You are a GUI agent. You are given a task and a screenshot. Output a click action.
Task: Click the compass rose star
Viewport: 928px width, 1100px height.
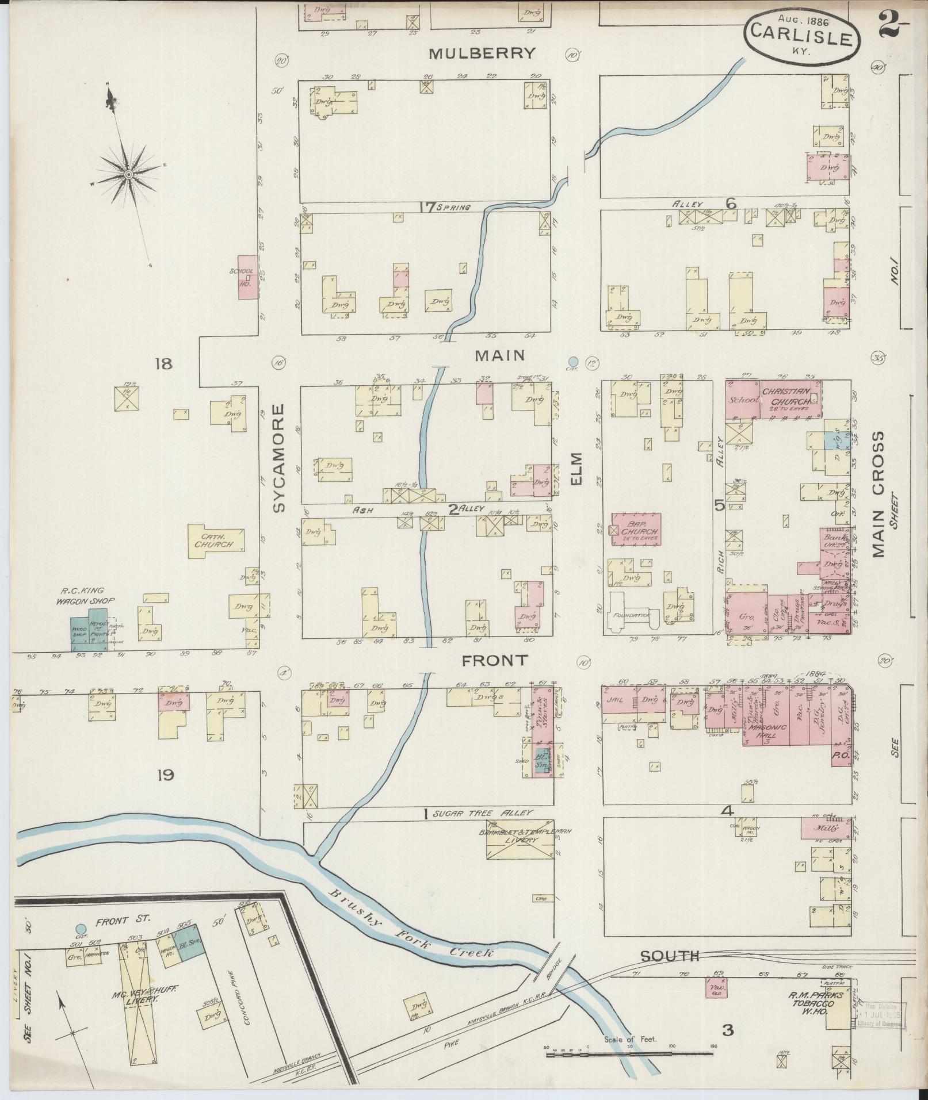tap(128, 174)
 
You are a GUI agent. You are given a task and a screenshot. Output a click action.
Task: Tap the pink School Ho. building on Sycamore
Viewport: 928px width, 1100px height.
tap(247, 277)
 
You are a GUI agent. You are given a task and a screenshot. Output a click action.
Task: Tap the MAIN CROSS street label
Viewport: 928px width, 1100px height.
tap(877, 495)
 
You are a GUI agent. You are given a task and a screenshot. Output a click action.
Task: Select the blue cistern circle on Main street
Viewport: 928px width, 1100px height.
tap(573, 361)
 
